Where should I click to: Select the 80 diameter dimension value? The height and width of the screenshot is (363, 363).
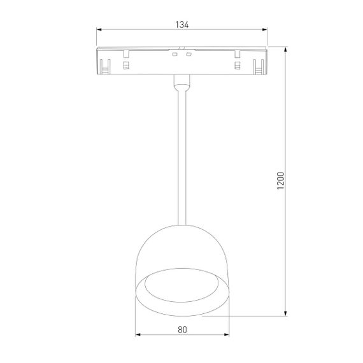181,330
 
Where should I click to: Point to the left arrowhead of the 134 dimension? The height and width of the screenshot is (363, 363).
99,29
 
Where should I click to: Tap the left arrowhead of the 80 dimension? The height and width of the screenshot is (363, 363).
138,335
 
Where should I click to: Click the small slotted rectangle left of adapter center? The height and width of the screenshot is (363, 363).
127,66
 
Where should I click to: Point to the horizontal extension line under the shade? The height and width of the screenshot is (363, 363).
255,315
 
